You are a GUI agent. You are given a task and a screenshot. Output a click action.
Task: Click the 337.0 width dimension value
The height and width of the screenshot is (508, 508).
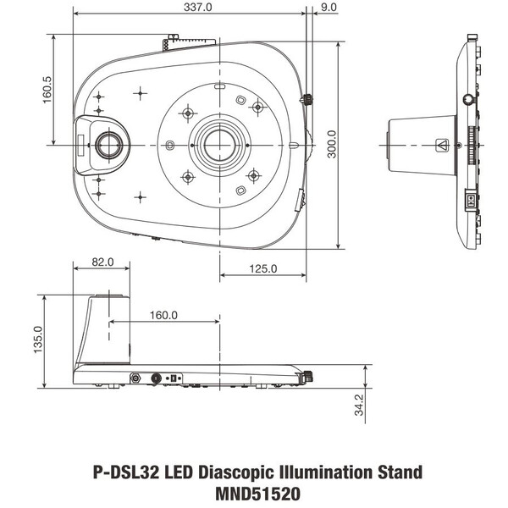(x=191, y=8)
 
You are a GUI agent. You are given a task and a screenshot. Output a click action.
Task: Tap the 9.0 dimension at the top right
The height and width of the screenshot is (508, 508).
(x=329, y=8)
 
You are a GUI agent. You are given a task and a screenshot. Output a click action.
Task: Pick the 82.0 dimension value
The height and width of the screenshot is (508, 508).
(x=102, y=263)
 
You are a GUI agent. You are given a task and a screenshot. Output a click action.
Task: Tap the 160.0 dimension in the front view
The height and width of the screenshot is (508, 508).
(x=163, y=315)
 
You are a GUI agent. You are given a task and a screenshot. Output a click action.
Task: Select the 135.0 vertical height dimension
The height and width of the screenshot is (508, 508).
(x=36, y=341)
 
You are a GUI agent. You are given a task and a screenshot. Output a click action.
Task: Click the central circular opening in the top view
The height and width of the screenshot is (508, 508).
(x=220, y=145)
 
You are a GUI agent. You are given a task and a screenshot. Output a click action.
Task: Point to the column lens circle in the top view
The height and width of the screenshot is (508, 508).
(x=108, y=145)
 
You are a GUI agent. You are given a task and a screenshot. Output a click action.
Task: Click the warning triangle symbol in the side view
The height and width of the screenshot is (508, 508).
(x=440, y=145)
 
